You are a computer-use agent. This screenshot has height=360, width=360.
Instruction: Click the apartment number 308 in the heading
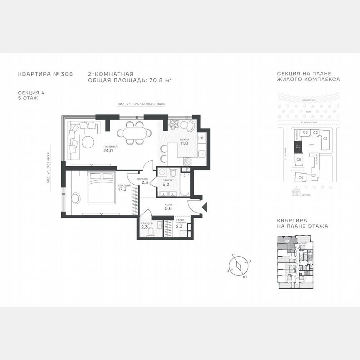[67, 74]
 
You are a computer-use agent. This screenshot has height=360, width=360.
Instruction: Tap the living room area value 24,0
[108, 151]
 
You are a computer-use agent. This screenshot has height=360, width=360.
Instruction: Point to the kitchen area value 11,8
[184, 144]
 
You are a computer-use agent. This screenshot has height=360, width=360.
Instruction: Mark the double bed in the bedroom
[102, 188]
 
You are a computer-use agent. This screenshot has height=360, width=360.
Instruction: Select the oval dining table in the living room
[134, 133]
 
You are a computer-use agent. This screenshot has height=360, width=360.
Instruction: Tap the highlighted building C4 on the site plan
[298, 147]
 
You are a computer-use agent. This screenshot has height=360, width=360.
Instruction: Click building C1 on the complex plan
[325, 138]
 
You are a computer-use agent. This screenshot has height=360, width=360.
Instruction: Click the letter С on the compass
[233, 255]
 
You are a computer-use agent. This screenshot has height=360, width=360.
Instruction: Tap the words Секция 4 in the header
[28, 92]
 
